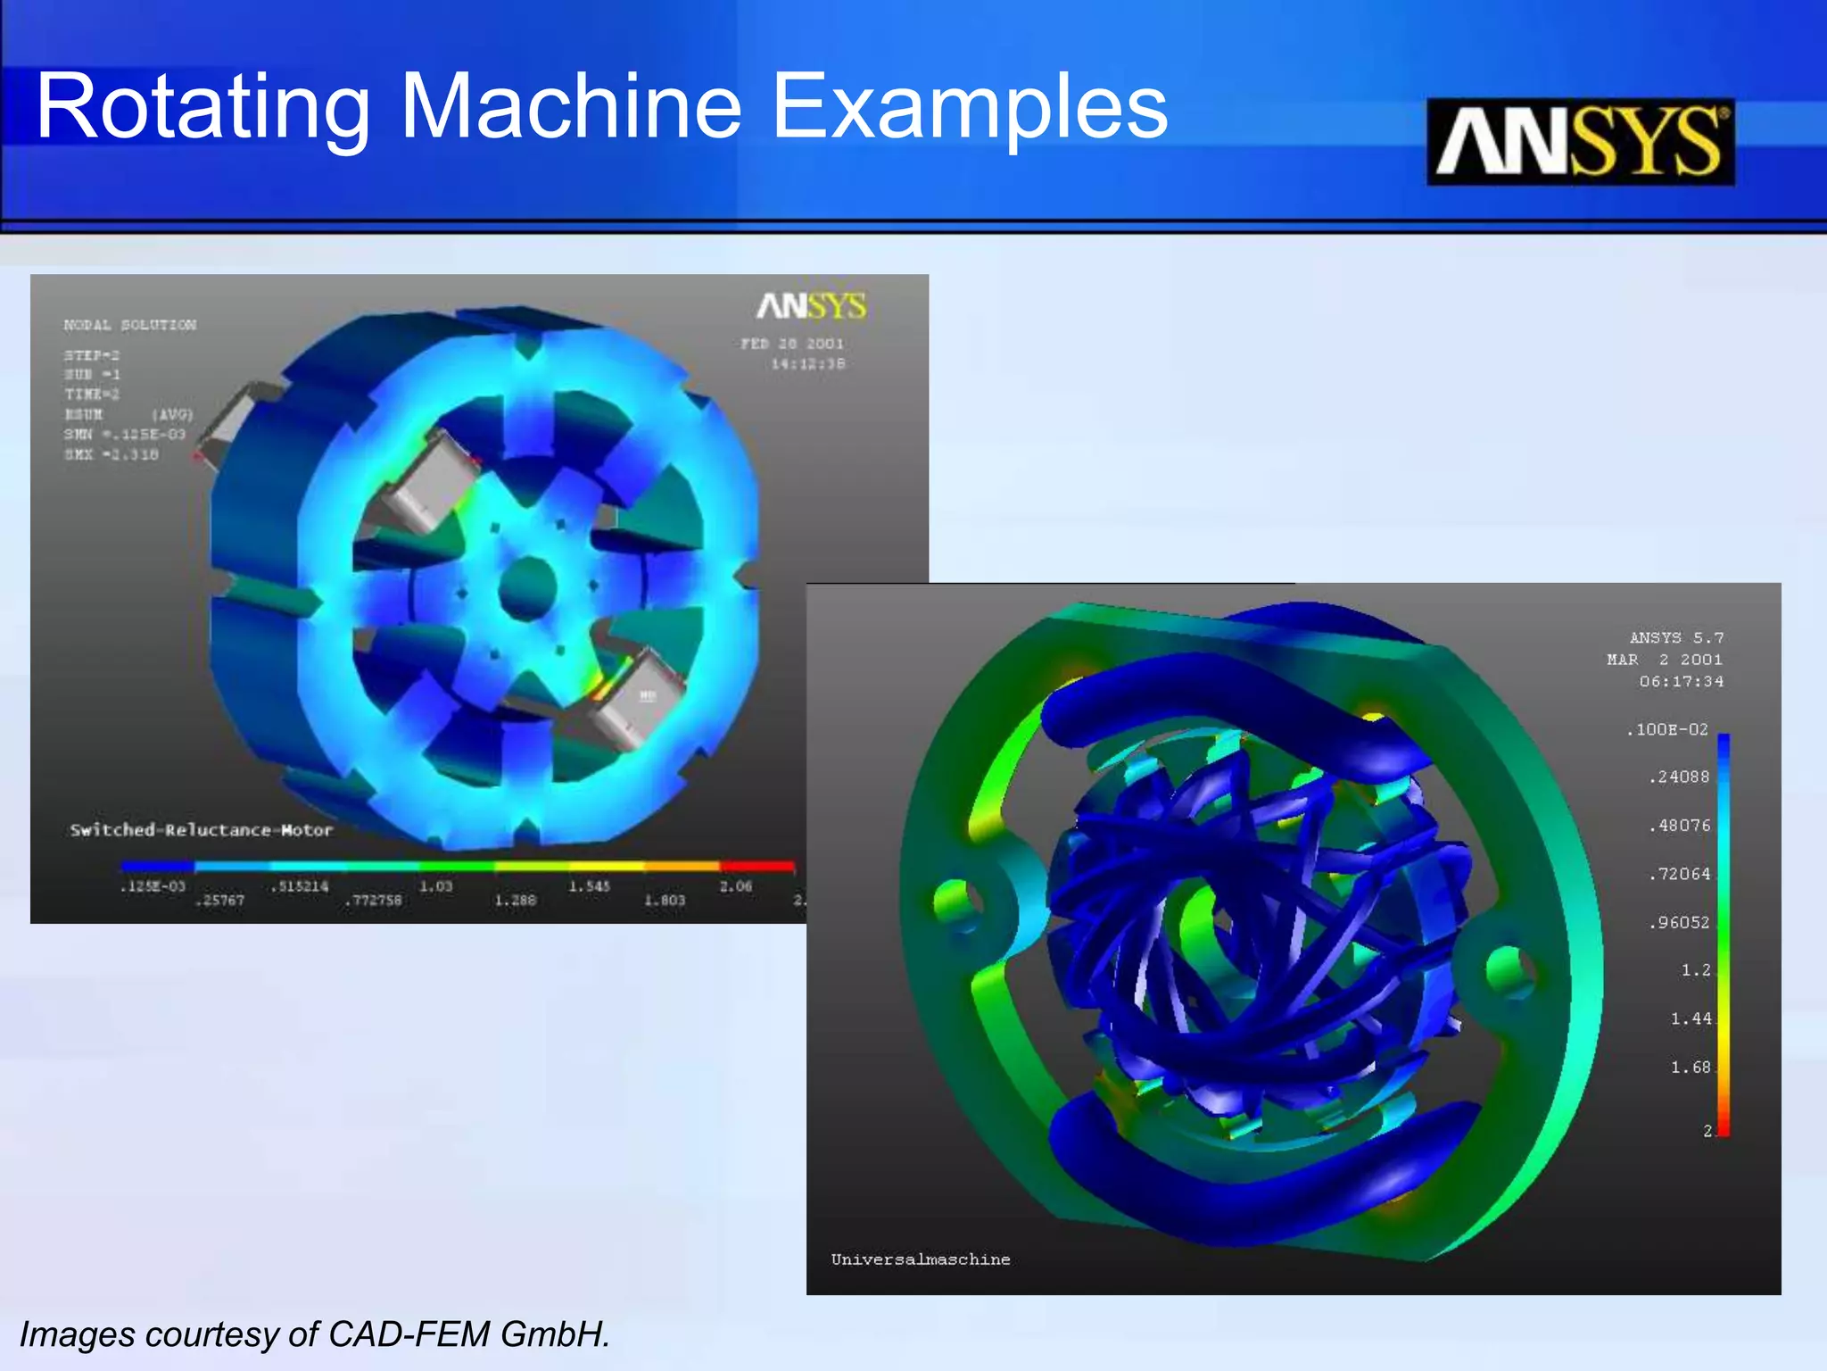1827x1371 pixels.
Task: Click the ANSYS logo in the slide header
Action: pos(1580,142)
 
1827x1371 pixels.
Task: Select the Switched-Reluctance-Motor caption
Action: pos(202,830)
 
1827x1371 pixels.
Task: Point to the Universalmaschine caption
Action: pos(921,1259)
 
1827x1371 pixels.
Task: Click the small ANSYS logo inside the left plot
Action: pos(811,306)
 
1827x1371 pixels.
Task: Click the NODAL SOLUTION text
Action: pos(130,325)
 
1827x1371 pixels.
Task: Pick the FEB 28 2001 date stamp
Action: pos(792,344)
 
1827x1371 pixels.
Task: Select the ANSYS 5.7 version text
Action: pos(1676,637)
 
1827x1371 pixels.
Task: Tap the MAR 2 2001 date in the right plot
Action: pos(1665,660)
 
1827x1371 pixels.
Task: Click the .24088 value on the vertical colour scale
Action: pos(1679,777)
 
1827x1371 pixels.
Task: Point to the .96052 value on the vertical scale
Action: pos(1679,922)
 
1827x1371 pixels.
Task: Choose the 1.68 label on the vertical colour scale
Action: pos(1691,1068)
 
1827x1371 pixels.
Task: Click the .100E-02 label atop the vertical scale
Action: pos(1666,729)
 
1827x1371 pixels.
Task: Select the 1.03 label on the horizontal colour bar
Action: pos(436,886)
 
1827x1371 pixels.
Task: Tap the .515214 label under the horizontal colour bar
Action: pos(300,886)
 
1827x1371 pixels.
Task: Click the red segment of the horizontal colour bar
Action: pos(756,865)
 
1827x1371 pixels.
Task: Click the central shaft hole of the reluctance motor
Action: pos(527,587)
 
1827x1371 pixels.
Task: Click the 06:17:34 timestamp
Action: pos(1681,681)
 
